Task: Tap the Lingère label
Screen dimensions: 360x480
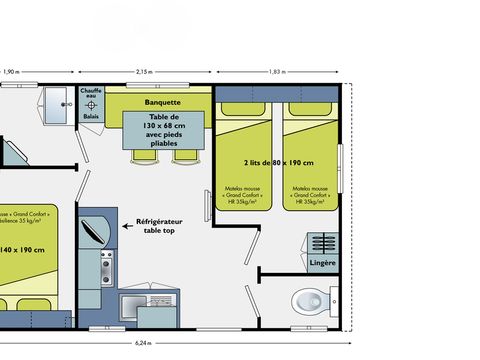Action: pyautogui.click(x=322, y=262)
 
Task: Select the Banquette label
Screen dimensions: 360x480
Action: pyautogui.click(x=162, y=102)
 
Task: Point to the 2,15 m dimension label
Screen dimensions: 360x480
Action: pyautogui.click(x=144, y=72)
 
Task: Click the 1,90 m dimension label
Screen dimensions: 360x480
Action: pyautogui.click(x=11, y=72)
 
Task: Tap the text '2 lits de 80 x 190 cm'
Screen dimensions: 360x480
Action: pyautogui.click(x=277, y=162)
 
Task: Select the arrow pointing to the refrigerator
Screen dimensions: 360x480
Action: pyautogui.click(x=128, y=227)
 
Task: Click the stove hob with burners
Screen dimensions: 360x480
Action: pyautogui.click(x=105, y=266)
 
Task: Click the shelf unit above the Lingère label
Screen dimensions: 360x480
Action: pyautogui.click(x=322, y=243)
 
